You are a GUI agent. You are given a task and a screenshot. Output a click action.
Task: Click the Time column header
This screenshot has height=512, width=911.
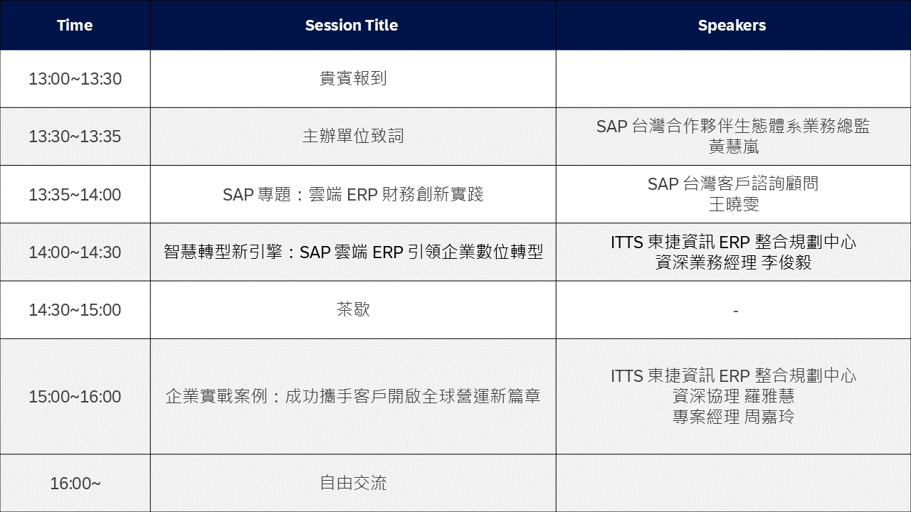click(75, 26)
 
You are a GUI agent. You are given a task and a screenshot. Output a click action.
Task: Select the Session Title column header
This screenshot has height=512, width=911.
click(352, 26)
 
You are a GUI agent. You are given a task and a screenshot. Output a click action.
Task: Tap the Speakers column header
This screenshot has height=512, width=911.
click(732, 26)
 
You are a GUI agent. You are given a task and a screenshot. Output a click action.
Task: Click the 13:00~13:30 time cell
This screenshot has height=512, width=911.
click(75, 79)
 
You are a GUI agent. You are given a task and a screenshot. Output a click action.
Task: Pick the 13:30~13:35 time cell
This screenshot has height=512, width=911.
click(75, 137)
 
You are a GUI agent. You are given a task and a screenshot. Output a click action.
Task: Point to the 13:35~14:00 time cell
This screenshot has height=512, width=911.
click(75, 195)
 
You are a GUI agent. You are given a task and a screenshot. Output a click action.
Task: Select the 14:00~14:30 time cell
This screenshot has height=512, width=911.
click(75, 252)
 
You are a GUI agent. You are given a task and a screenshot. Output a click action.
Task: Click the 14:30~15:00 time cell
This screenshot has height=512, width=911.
click(75, 310)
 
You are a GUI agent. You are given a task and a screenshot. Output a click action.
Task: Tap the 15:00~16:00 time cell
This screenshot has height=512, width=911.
click(75, 397)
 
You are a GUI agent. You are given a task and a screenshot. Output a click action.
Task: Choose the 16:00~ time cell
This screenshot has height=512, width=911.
click(75, 484)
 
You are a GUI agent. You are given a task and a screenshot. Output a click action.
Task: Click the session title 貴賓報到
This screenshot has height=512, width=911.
click(353, 79)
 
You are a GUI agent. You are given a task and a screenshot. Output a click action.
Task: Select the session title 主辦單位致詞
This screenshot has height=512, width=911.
click(353, 137)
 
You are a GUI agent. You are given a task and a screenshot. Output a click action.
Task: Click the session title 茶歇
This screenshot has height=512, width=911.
click(353, 310)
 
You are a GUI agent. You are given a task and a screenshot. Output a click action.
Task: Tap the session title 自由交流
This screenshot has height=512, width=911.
click(353, 484)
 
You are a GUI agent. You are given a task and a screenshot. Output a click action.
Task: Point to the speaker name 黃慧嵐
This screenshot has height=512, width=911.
click(734, 146)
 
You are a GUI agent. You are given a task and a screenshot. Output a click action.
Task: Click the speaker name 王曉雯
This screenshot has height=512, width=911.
click(734, 205)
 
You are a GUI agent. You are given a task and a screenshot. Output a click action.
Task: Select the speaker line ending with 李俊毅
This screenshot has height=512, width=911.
click(734, 262)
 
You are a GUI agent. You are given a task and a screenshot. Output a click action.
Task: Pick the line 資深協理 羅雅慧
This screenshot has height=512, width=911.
click(734, 396)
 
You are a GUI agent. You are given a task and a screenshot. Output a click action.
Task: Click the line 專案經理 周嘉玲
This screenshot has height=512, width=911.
click(734, 417)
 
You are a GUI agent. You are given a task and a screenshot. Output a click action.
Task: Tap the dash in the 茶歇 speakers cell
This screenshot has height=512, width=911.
click(735, 311)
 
